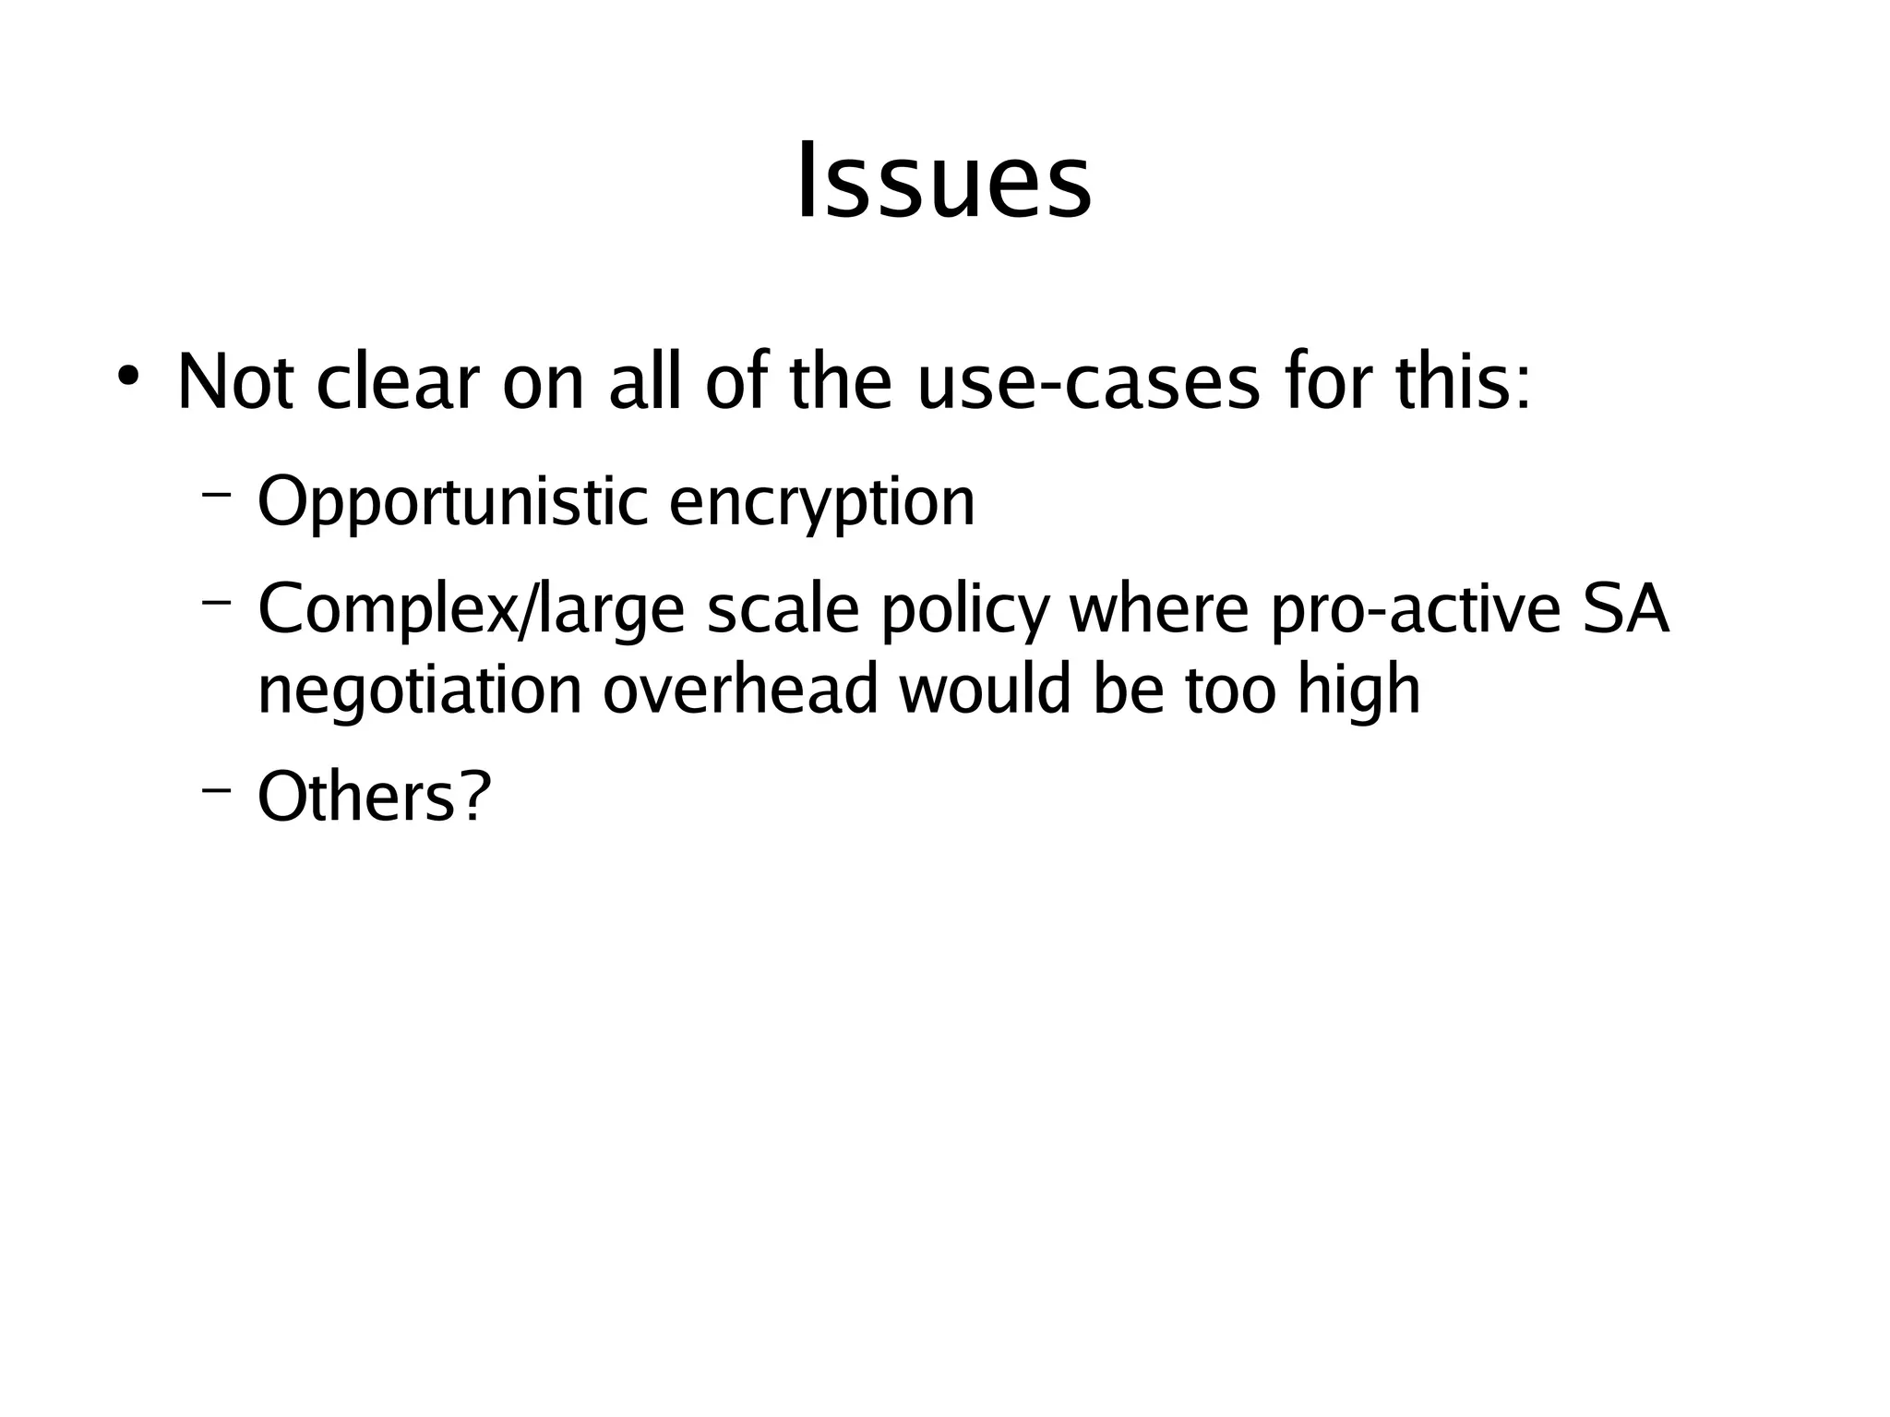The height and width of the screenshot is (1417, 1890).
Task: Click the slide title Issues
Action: (x=944, y=181)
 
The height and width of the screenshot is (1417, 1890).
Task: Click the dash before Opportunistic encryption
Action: (x=216, y=495)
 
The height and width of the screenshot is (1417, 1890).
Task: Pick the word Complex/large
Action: (x=471, y=610)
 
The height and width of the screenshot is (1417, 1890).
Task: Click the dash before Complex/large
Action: (x=216, y=603)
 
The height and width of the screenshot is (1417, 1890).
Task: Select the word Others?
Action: (x=374, y=797)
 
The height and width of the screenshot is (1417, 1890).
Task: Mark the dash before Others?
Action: (x=216, y=789)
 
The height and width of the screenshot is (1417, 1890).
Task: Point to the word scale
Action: (x=784, y=610)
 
